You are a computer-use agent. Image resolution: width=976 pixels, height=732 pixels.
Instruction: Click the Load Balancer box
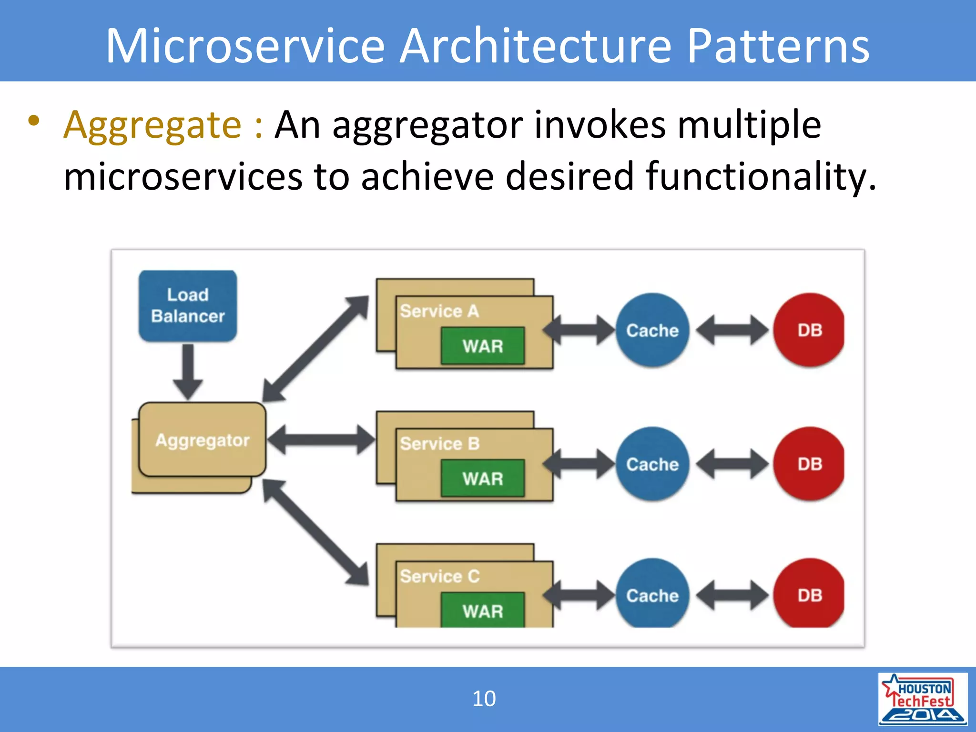pos(188,305)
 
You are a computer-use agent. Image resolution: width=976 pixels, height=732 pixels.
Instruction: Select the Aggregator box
pos(202,439)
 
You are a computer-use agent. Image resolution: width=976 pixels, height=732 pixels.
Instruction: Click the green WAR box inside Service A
pos(483,346)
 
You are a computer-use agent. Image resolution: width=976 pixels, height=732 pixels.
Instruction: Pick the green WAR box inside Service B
pos(483,478)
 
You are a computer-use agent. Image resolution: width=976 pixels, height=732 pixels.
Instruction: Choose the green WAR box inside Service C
pos(483,610)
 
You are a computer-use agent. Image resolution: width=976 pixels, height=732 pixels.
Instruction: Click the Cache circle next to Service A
pos(652,330)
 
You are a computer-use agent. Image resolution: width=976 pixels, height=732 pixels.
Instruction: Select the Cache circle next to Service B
pos(652,464)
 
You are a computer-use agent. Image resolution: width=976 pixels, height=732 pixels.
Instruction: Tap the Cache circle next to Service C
pos(652,595)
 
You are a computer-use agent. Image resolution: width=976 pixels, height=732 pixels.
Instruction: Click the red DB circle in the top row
pos(809,330)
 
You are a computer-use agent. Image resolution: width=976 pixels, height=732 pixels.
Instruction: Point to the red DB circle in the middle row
pos(809,464)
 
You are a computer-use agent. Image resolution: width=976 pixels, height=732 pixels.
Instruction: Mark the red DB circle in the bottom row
pos(809,595)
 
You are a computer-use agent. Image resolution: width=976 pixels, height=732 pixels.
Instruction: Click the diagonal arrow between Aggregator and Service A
pos(315,349)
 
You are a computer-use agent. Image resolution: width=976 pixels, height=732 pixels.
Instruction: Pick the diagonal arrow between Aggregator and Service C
pos(315,532)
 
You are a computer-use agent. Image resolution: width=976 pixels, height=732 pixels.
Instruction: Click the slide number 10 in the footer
pos(484,699)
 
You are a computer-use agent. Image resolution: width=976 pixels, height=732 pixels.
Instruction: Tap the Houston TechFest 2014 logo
pos(922,699)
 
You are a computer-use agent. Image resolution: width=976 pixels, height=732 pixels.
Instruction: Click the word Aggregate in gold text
pos(152,125)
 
